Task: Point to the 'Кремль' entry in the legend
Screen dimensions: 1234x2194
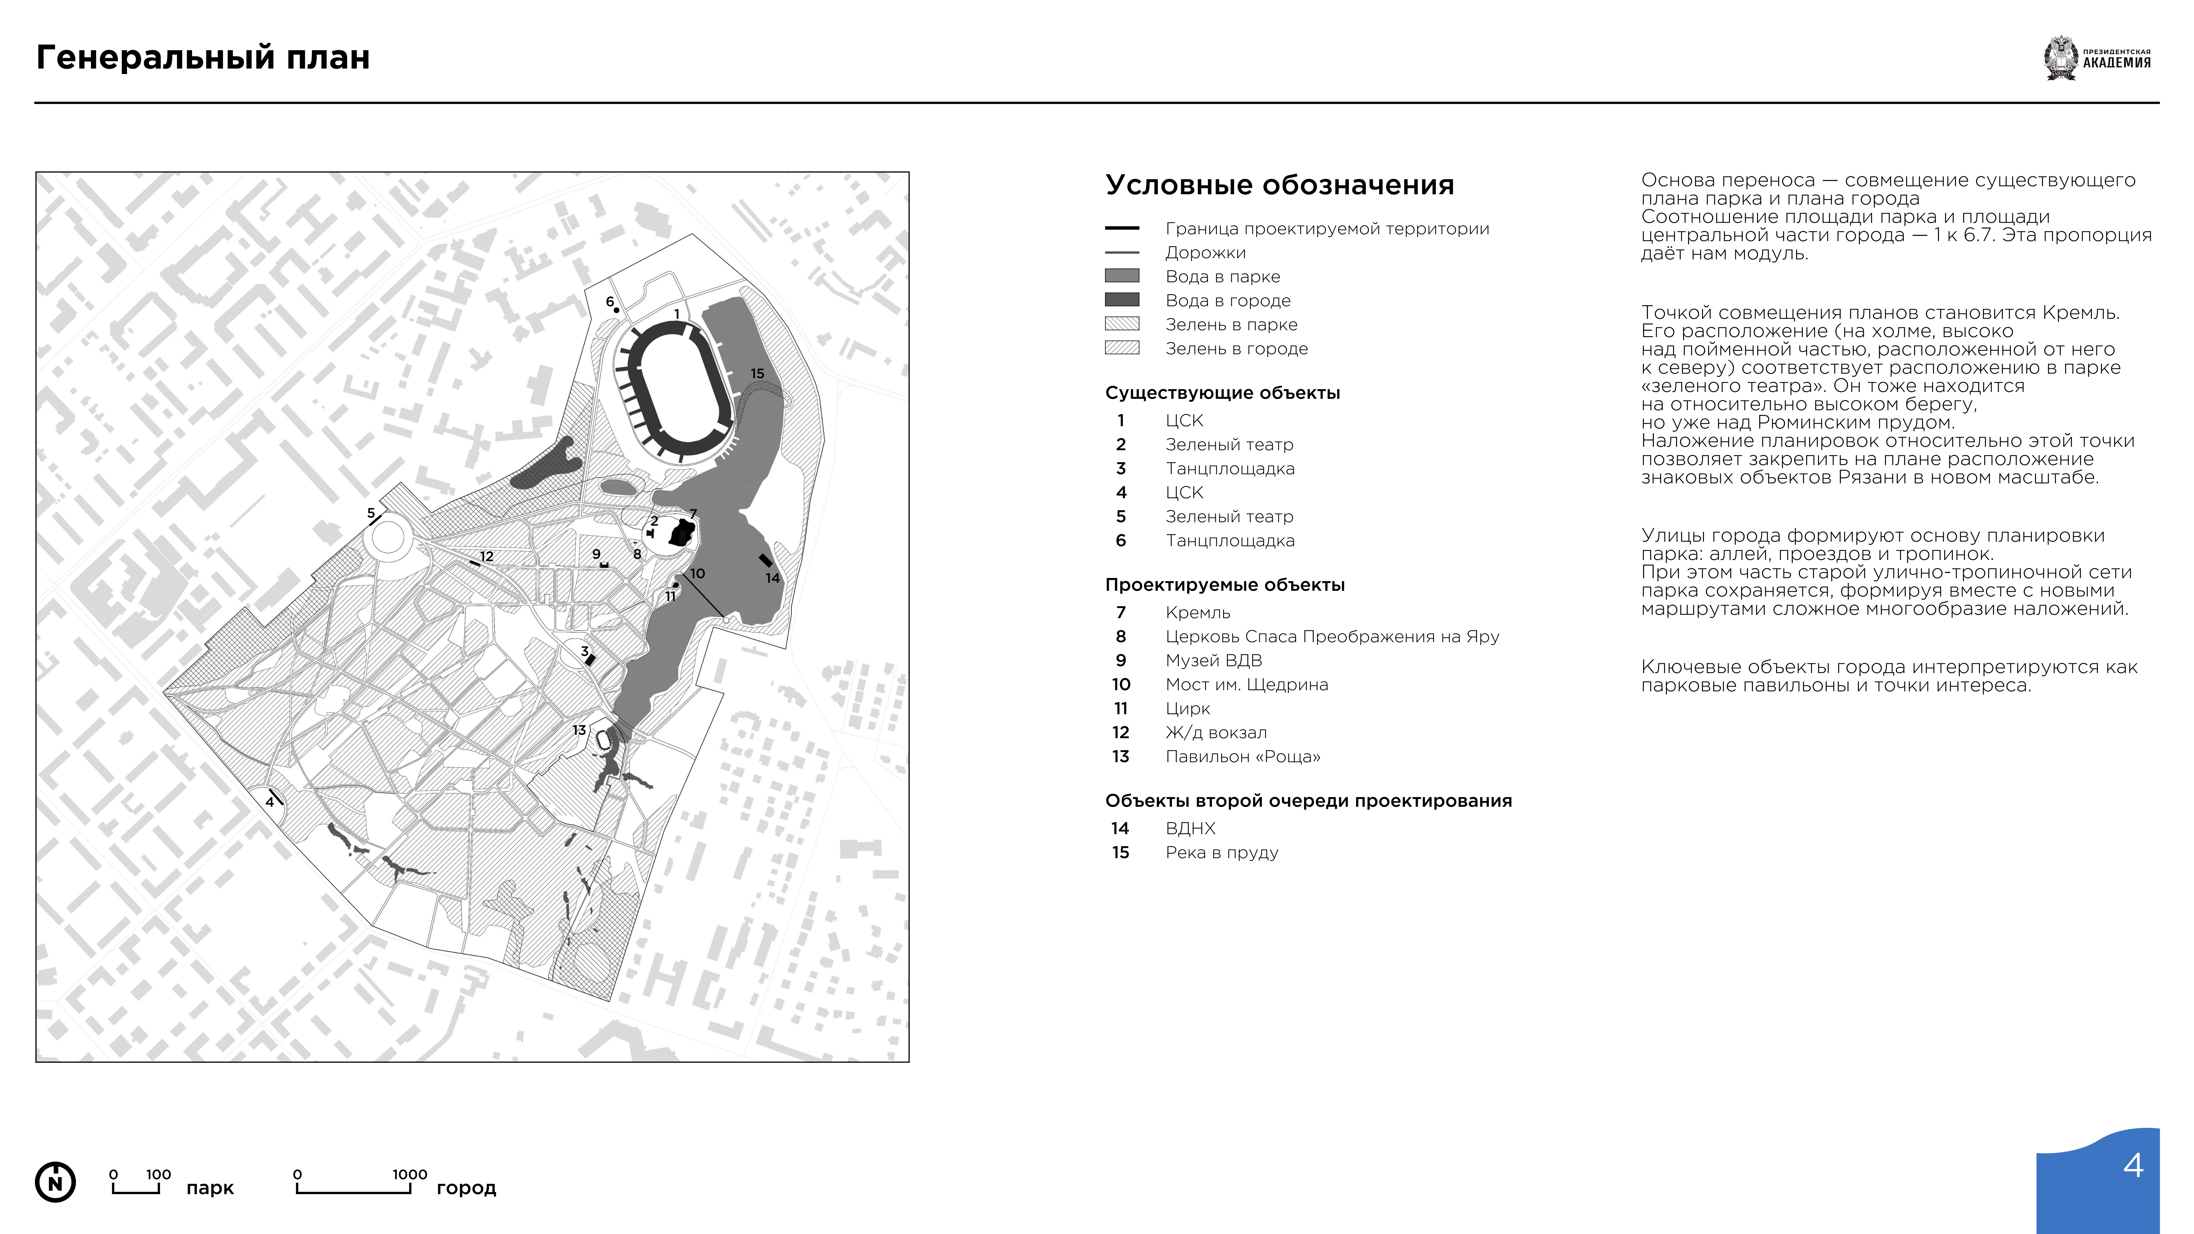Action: (1197, 612)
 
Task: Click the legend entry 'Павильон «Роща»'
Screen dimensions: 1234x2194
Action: (1243, 756)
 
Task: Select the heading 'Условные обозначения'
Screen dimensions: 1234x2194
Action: (1279, 185)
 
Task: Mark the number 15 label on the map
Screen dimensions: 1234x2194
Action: (757, 373)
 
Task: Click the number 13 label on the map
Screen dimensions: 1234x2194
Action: (579, 730)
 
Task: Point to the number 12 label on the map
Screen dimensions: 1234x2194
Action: (486, 556)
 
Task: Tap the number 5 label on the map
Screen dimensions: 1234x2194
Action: (371, 514)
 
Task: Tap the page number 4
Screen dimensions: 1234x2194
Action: (2133, 1165)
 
